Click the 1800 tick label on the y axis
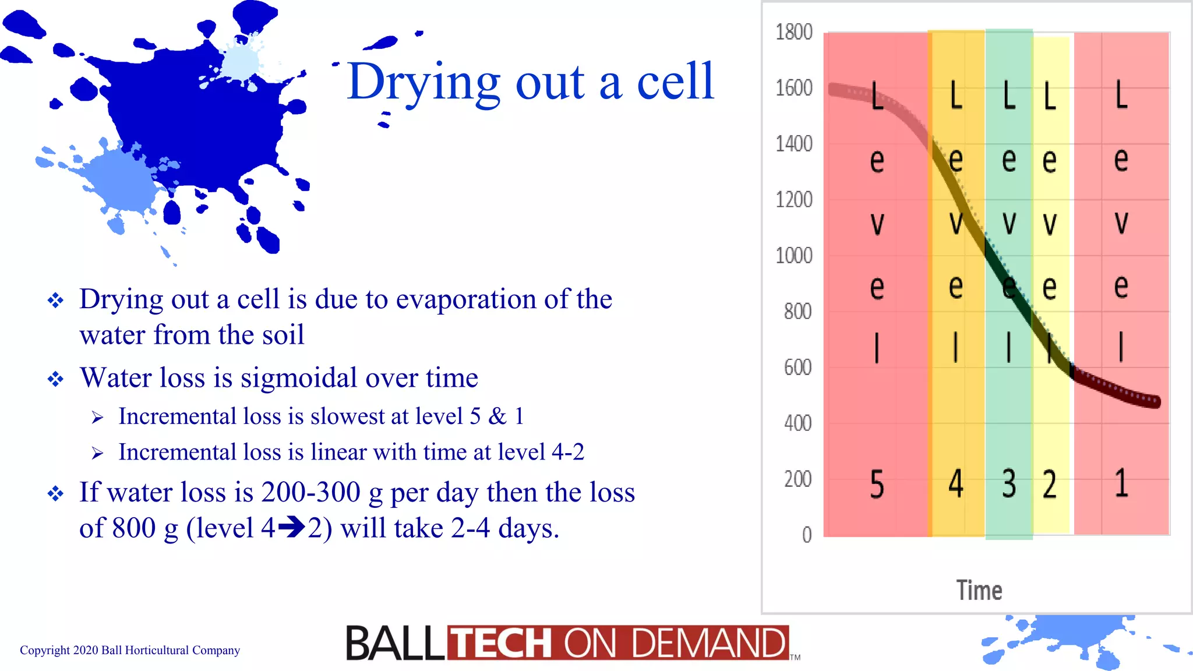[794, 32]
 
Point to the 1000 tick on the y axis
[794, 256]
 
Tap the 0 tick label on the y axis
[807, 535]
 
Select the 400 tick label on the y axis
[797, 423]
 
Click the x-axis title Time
[979, 591]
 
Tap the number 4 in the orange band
[956, 484]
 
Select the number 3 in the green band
[1009, 484]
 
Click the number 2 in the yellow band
[1050, 484]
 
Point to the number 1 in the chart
[1121, 484]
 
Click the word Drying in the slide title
[423, 83]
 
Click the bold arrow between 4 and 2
[291, 528]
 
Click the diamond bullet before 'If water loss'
[56, 495]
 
